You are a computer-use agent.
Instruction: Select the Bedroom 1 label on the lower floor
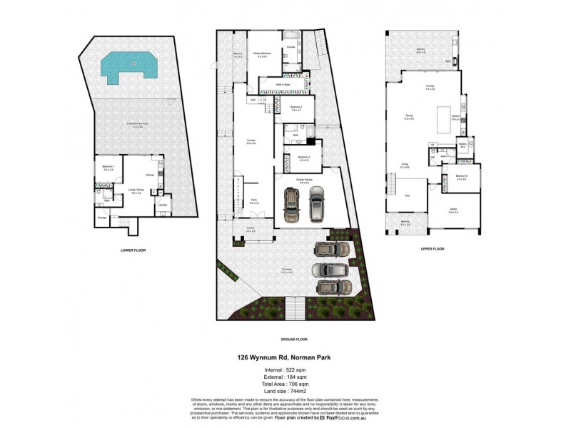(x=108, y=168)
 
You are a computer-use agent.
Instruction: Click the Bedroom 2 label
(x=296, y=108)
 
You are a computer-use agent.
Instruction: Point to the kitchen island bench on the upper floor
(x=440, y=115)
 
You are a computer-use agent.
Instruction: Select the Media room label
(x=453, y=210)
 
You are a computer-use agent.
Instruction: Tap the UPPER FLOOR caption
(x=433, y=249)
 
